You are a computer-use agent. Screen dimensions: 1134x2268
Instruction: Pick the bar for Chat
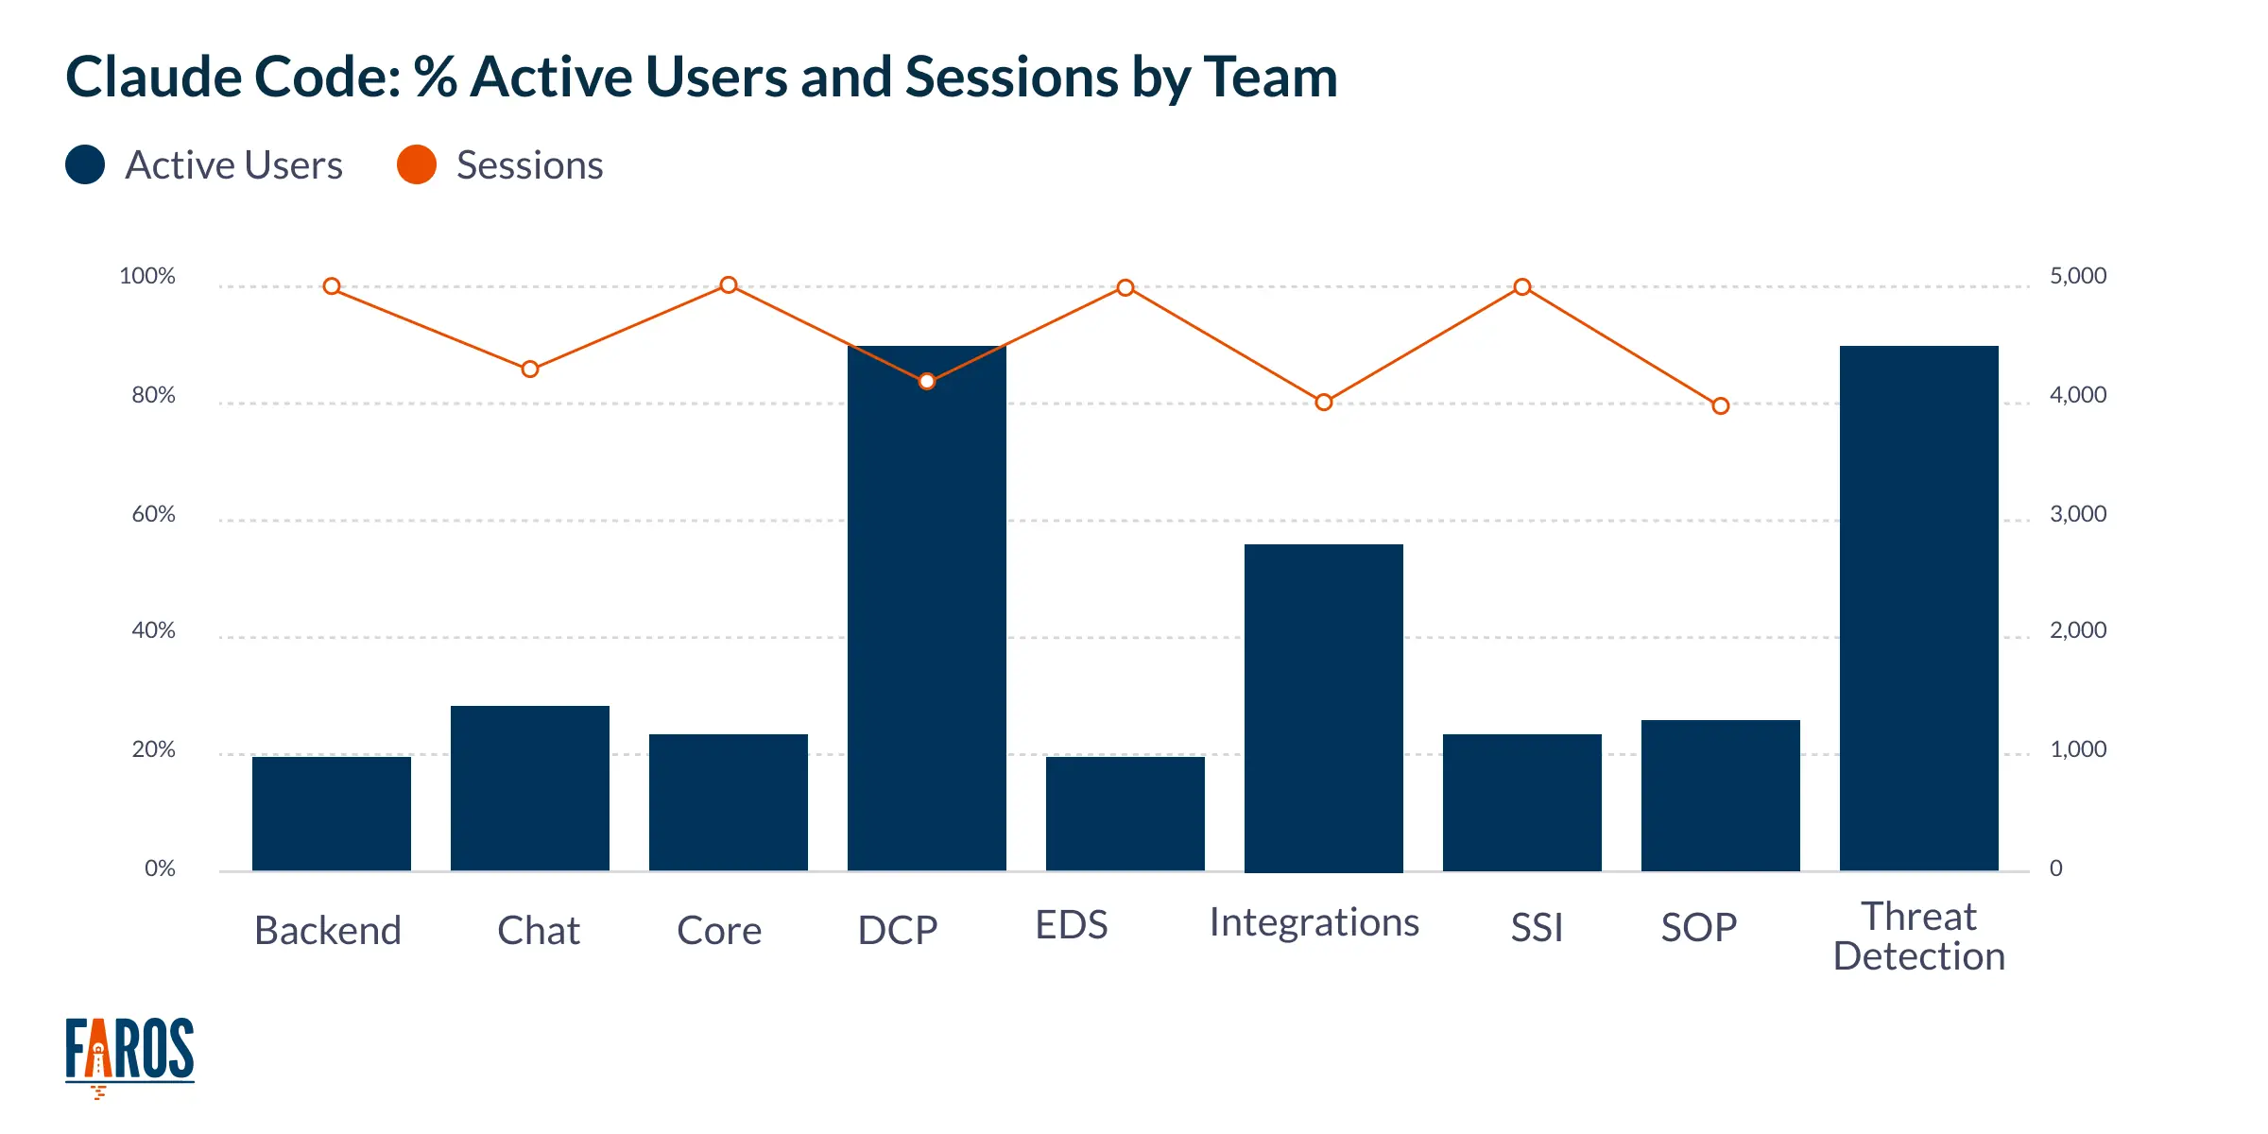529,788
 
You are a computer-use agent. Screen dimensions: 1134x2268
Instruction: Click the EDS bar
1125,813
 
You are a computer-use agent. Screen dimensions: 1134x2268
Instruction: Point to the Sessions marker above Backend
332,286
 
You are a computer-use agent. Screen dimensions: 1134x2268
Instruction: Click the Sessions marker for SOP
1721,405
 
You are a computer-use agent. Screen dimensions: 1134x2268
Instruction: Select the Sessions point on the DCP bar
927,381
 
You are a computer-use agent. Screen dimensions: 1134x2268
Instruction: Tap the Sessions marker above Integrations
1324,403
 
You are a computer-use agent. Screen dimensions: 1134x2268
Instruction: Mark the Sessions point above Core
729,285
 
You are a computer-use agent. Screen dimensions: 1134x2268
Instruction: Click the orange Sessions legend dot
417,165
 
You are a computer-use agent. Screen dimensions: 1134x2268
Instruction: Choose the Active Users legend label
233,165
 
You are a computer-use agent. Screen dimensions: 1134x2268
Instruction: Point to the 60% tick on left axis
153,514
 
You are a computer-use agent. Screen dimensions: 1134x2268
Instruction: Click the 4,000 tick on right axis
2077,395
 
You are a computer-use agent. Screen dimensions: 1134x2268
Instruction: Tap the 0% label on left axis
160,868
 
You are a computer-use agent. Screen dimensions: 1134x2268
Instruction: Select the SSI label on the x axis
1537,928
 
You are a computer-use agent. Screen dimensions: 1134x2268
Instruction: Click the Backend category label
328,931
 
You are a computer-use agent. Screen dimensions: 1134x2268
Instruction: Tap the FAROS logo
129,1054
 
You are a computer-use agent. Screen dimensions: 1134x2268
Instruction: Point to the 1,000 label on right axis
2077,749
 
